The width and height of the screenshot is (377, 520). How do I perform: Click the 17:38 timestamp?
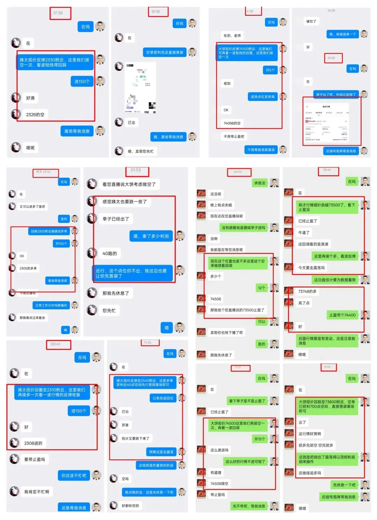point(58,13)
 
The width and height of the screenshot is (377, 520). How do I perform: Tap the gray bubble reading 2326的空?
point(35,114)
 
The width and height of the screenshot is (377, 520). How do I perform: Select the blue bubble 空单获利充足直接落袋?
point(164,52)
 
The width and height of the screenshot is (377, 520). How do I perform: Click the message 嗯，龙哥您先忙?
point(140,151)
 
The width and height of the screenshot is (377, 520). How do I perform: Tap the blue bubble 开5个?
point(270,70)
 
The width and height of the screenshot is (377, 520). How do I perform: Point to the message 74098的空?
point(232,123)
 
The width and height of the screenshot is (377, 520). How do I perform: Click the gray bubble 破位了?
point(311,21)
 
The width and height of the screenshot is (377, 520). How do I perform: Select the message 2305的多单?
point(28,268)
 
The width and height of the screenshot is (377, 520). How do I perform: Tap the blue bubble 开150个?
point(61,244)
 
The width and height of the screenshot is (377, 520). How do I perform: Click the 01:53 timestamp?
point(136,170)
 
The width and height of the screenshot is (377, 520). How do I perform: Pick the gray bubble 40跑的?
point(110,253)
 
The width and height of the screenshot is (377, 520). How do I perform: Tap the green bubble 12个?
point(261,288)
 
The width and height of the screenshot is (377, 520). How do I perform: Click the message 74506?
point(215,299)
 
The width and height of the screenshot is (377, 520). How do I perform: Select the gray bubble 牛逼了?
point(304,232)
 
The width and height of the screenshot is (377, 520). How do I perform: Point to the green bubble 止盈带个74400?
point(342,315)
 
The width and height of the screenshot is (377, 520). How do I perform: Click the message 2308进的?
point(33,443)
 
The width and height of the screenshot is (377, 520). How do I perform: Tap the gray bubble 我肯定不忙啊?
point(37,492)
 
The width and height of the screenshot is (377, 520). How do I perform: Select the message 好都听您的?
point(130,506)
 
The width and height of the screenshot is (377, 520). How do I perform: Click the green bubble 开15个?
point(259,439)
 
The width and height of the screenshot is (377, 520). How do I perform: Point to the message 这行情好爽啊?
point(310,434)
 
